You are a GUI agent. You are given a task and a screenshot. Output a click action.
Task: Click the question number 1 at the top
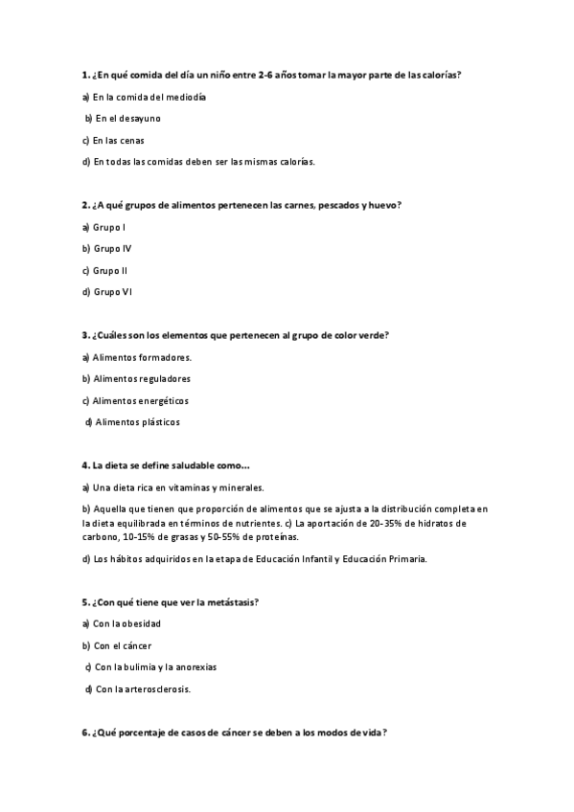86,75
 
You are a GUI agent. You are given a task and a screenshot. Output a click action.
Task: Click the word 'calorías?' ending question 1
442,75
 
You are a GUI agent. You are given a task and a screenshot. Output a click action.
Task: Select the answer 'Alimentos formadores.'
143,357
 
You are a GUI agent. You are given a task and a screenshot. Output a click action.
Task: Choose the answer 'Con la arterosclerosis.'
143,688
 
